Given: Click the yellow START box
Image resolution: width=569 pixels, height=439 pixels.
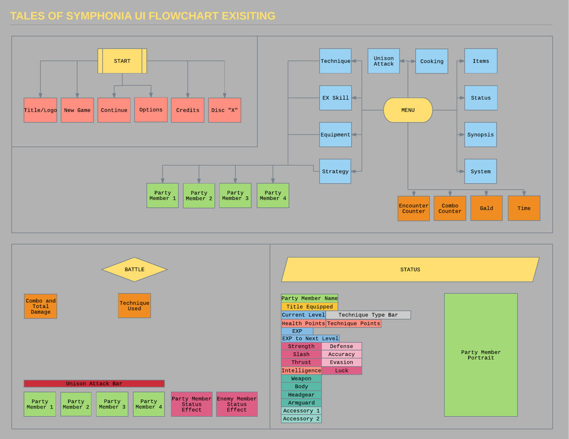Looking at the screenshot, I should coord(122,61).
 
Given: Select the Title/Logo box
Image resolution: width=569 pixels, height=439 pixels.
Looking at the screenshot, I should coord(40,110).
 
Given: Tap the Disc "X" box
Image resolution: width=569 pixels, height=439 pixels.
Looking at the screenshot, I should coord(224,110).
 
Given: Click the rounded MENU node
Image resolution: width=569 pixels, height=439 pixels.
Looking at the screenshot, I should coord(408,110).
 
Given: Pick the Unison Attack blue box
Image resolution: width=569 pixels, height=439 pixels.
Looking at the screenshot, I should coord(384,61).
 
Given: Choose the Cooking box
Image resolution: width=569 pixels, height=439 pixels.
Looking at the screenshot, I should coord(432,61).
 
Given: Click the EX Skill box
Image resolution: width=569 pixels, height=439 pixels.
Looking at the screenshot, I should coord(336,98).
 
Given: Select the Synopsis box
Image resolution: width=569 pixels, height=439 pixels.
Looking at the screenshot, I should coord(480,134).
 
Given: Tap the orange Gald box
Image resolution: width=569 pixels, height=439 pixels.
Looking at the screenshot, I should coord(486,208).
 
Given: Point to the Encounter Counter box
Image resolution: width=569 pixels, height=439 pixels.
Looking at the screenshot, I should coord(413,209).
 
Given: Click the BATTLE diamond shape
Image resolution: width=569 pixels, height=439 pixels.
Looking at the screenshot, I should coord(135,269).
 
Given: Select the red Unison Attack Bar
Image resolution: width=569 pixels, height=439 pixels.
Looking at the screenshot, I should coord(94,384).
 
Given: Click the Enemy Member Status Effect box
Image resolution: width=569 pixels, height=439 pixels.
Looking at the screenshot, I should coord(237,404).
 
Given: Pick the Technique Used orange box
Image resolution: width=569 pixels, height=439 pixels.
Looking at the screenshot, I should coord(135,306).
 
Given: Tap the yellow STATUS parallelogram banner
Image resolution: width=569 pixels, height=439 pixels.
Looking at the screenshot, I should coord(410,269).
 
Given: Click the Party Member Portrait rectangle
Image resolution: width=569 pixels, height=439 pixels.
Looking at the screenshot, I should coord(481,355).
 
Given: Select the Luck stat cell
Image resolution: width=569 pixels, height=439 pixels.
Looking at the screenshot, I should coord(341,370).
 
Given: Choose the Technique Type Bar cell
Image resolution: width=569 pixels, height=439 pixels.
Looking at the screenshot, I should coord(368,315).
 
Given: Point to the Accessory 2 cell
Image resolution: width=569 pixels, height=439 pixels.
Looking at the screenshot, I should coord(301,419).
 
